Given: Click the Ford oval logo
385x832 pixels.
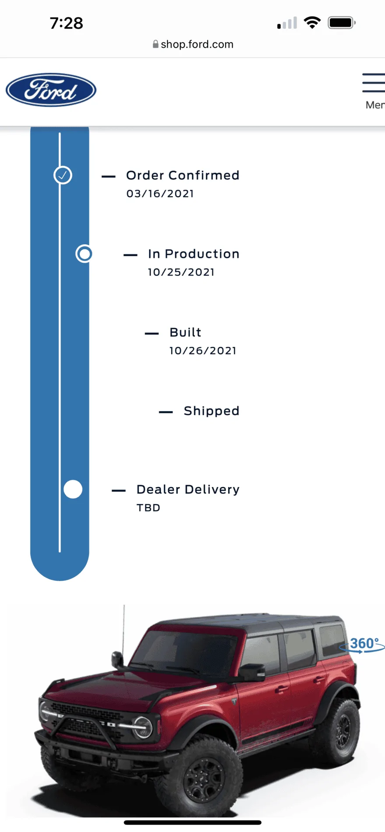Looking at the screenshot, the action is coord(51,90).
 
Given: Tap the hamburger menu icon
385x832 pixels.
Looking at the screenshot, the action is coord(374,83).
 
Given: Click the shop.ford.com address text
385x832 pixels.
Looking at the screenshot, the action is coord(197,44).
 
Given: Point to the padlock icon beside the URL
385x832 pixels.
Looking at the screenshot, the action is coord(155,44).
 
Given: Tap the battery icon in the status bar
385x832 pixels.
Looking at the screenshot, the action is coord(342,23).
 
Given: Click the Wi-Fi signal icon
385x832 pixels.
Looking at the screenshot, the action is coord(312,22).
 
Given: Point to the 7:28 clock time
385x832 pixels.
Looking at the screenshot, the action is coord(66,23).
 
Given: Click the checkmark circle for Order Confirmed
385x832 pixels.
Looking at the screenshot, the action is coord(63,175).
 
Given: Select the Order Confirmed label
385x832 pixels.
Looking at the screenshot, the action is coord(183,175).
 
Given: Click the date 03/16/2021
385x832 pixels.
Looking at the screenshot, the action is coord(160,194).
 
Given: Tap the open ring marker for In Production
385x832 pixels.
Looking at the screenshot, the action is coord(84,254).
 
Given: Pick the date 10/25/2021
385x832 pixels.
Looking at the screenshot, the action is coord(181,272).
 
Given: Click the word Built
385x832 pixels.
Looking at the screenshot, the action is coord(185,332).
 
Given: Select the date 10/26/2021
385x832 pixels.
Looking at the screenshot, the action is coord(203,351).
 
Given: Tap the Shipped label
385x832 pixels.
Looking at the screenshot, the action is coord(212,411).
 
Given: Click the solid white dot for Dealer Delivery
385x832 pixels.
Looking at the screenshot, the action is coord(73,489).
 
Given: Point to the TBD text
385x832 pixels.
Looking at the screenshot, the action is coord(148,508).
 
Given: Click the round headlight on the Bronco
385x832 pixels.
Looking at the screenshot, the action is coord(143,727).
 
